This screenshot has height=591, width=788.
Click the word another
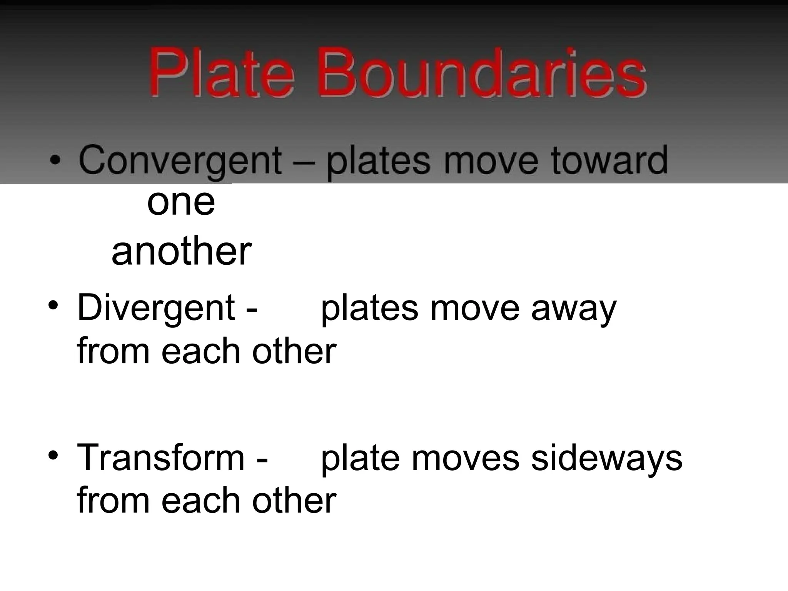(x=182, y=252)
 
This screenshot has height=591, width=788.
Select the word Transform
(x=161, y=458)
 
